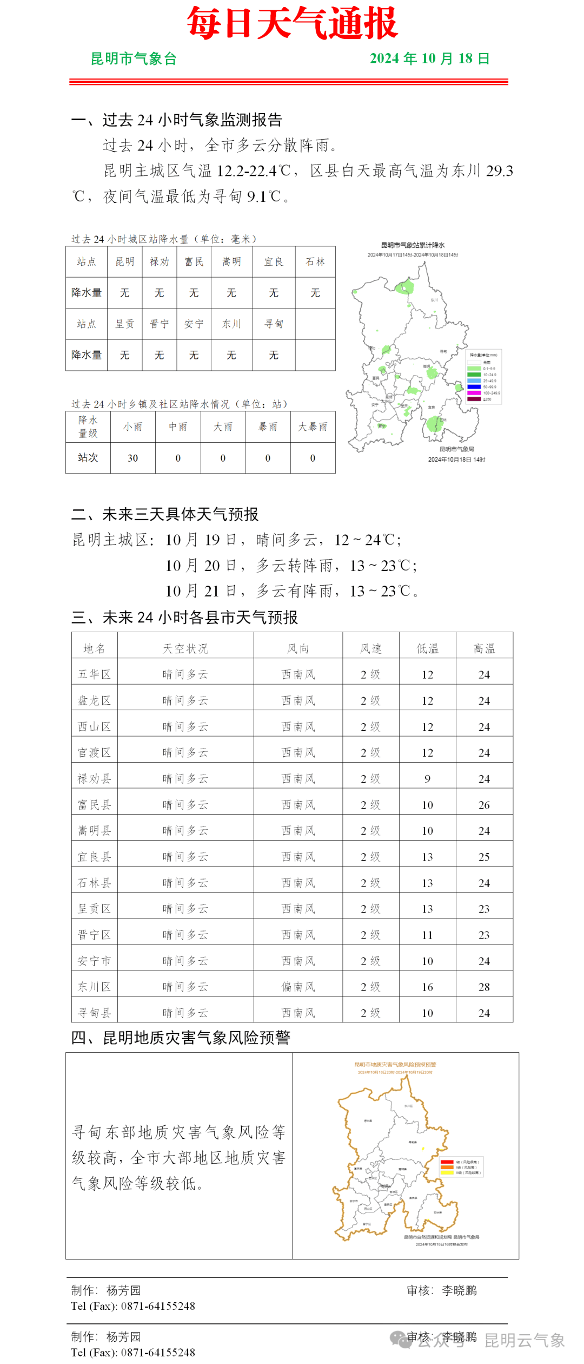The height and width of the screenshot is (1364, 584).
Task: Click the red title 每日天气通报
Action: (x=292, y=24)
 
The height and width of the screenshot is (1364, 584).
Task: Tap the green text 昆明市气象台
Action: (x=134, y=58)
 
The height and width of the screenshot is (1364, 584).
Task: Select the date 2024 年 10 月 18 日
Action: (x=429, y=58)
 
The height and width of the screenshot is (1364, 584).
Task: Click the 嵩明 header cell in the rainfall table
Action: (x=231, y=262)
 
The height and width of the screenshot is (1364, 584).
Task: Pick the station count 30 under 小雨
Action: (x=132, y=458)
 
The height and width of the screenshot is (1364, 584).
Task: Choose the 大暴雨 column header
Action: (x=313, y=427)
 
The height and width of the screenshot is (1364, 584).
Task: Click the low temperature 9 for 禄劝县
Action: (x=427, y=779)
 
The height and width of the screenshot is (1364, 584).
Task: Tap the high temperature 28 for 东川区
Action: (x=484, y=987)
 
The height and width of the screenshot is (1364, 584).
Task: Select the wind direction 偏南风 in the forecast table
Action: (x=298, y=987)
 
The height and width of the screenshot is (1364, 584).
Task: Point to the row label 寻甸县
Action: (x=94, y=1013)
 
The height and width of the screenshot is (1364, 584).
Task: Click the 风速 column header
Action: (x=371, y=648)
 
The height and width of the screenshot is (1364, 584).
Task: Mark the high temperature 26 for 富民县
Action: (x=484, y=805)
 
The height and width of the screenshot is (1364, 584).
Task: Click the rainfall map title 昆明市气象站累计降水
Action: (x=413, y=245)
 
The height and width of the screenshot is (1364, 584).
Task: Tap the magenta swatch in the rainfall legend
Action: (x=474, y=393)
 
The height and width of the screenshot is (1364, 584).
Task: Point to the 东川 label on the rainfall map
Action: (x=434, y=299)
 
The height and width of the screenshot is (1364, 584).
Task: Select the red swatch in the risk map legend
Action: (x=447, y=1162)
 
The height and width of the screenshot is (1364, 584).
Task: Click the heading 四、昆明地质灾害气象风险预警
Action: (x=181, y=1038)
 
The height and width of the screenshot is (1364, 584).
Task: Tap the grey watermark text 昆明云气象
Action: (x=524, y=1340)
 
